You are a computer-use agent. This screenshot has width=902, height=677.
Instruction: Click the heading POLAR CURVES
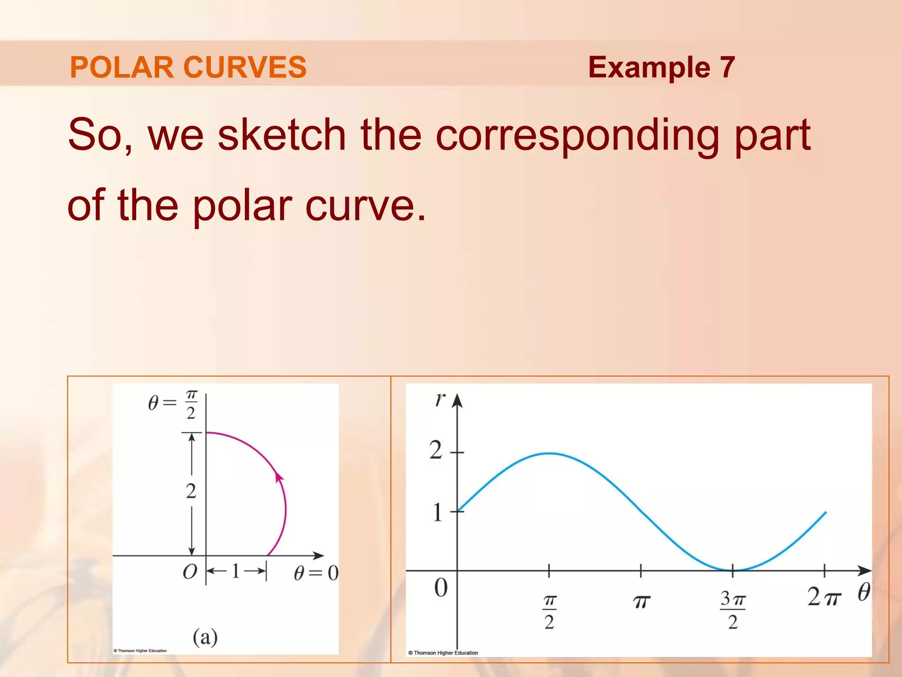(x=188, y=67)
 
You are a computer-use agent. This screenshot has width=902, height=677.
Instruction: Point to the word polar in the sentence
(x=242, y=206)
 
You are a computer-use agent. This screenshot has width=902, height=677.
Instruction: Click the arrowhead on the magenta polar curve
(x=279, y=477)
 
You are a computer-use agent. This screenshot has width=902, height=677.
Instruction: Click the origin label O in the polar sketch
(x=190, y=572)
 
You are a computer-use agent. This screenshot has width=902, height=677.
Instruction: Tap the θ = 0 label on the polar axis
(x=316, y=573)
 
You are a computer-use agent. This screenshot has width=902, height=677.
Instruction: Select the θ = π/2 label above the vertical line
(x=174, y=404)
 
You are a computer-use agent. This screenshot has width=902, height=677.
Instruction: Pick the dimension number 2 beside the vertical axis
(x=191, y=491)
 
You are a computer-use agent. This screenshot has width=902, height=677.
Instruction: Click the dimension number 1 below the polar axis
(x=236, y=572)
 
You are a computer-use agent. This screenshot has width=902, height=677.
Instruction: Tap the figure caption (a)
(x=205, y=637)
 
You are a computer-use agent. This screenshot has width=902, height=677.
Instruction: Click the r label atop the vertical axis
(x=440, y=399)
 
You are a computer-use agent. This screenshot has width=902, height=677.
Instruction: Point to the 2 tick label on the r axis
(x=436, y=450)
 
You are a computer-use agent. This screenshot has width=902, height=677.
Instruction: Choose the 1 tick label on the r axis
(x=437, y=513)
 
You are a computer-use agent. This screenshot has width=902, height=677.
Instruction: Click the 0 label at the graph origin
(x=441, y=588)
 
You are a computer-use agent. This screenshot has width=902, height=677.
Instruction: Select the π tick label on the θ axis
(x=641, y=602)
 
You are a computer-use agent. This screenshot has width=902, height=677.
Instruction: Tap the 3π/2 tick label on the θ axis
(x=732, y=610)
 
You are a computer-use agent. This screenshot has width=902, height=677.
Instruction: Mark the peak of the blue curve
(x=549, y=453)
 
